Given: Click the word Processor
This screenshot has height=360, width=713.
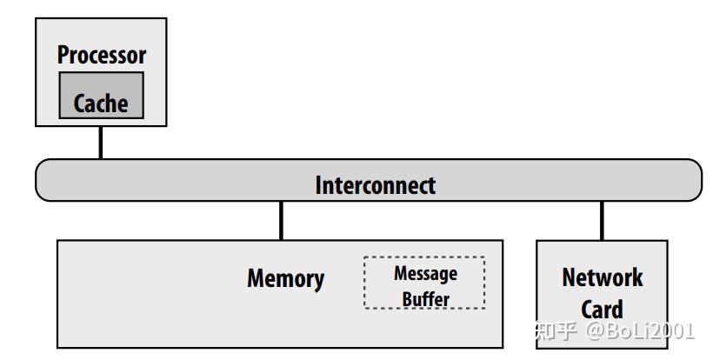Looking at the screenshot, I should pyautogui.click(x=101, y=55).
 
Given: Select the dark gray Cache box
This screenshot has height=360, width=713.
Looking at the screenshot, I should pyautogui.click(x=101, y=96).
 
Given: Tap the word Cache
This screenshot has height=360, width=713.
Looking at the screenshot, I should pyautogui.click(x=101, y=104).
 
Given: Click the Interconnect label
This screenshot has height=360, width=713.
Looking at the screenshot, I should pyautogui.click(x=375, y=185).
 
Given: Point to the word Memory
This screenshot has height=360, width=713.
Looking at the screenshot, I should pyautogui.click(x=285, y=279).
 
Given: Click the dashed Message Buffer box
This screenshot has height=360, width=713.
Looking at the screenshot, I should pyautogui.click(x=424, y=283).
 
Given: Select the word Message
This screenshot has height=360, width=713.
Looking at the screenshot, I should pyautogui.click(x=425, y=273).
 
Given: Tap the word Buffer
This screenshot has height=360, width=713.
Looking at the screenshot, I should pyautogui.click(x=425, y=299).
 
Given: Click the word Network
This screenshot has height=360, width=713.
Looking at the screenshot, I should pyautogui.click(x=602, y=278).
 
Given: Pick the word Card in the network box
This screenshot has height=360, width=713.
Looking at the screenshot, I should pyautogui.click(x=602, y=310).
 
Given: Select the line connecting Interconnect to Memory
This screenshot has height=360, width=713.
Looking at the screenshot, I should pyautogui.click(x=281, y=220).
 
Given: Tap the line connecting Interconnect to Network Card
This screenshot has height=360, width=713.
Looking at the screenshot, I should pyautogui.click(x=601, y=220).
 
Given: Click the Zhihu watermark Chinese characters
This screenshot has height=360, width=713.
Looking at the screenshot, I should pyautogui.click(x=556, y=331).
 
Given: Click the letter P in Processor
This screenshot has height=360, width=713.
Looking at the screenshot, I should pyautogui.click(x=63, y=55).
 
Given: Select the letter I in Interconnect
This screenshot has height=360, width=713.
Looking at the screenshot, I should pyautogui.click(x=317, y=185).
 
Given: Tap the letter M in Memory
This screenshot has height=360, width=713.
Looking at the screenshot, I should pyautogui.click(x=256, y=279).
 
